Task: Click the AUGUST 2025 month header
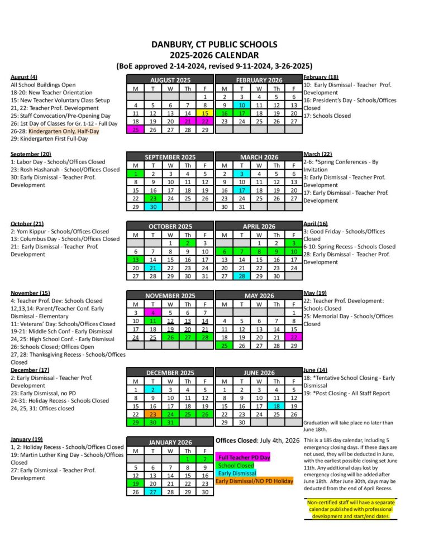pyautogui.click(x=170, y=80)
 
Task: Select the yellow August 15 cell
pyautogui.click(x=205, y=113)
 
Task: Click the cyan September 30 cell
pyautogui.click(x=153, y=206)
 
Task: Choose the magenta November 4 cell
pyautogui.click(x=153, y=312)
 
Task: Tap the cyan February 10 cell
pyautogui.click(x=241, y=104)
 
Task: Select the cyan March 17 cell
pyautogui.click(x=241, y=189)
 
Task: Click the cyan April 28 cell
pyautogui.click(x=241, y=276)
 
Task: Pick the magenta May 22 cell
pyautogui.click(x=294, y=337)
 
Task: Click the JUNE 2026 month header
pyautogui.click(x=259, y=372)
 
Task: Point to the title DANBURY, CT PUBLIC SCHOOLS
pyautogui.click(x=214, y=44)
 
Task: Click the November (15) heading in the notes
pyautogui.click(x=30, y=293)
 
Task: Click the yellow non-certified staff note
pyautogui.click(x=347, y=509)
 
